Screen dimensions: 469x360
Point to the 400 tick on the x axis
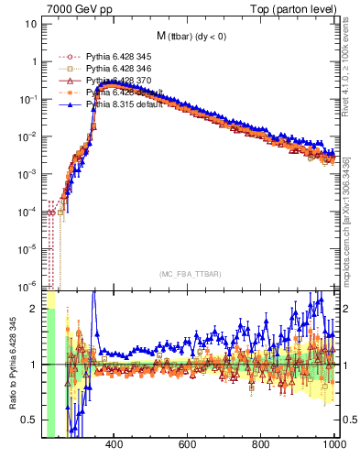pos(114,444)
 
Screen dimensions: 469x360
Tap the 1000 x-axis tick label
pos(334,444)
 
